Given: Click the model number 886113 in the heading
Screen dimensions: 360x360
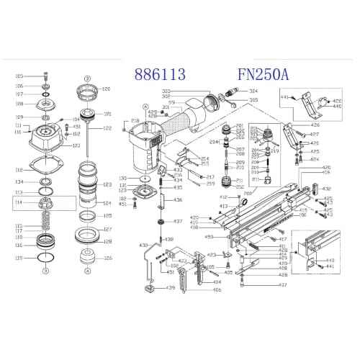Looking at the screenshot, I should pos(160,75).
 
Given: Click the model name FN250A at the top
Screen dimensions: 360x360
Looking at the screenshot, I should pos(263,75).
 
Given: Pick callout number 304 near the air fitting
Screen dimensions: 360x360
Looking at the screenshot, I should pos(253,91).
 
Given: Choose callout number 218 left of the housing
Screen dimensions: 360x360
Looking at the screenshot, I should pos(135,121).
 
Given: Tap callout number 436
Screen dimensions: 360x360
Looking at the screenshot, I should pos(178,199).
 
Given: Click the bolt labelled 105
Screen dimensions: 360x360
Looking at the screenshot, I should pos(46,76).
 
